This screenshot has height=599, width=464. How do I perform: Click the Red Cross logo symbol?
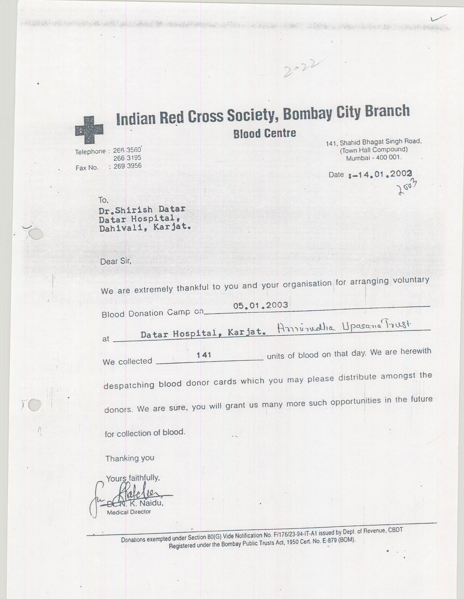(x=89, y=130)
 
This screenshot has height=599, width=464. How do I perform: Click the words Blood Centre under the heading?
(x=264, y=134)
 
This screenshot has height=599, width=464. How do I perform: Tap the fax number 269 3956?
(x=127, y=166)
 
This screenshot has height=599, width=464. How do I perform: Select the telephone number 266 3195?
(x=127, y=158)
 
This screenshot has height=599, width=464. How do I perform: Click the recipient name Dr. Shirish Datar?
(x=142, y=210)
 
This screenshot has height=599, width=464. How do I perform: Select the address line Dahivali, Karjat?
(x=145, y=228)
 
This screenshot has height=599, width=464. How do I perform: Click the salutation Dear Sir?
(x=116, y=261)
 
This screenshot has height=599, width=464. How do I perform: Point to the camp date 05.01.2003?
(x=260, y=305)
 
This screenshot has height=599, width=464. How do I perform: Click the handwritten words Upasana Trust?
(x=376, y=326)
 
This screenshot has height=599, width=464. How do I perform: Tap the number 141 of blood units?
(x=204, y=355)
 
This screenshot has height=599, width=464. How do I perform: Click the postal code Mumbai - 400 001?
(x=374, y=158)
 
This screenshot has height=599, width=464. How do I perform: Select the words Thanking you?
(x=129, y=458)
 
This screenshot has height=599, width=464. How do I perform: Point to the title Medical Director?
(x=129, y=512)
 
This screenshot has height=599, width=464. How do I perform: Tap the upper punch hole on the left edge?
(x=36, y=234)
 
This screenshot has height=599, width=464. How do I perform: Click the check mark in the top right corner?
(x=438, y=18)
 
